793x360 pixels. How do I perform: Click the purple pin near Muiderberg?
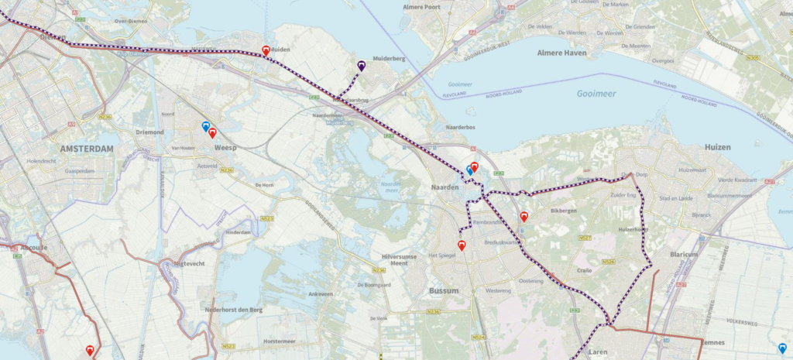pyautogui.click(x=362, y=66)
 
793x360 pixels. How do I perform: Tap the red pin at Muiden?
pyautogui.click(x=266, y=50)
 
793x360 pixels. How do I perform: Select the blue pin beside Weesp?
pyautogui.click(x=205, y=125)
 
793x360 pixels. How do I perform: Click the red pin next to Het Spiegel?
pyautogui.click(x=462, y=246)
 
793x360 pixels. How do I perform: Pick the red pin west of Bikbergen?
pyautogui.click(x=524, y=217)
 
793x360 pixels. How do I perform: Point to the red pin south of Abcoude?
pyautogui.click(x=90, y=350)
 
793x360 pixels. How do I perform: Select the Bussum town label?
pyautogui.click(x=444, y=290)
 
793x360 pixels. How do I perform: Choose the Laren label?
pyautogui.click(x=598, y=351)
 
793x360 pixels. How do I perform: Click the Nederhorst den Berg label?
pyautogui.click(x=230, y=309)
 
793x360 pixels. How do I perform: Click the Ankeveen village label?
pyautogui.click(x=321, y=294)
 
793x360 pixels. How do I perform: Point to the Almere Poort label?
pyautogui.click(x=421, y=7)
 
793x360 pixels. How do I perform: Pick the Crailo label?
pyautogui.click(x=585, y=271)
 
